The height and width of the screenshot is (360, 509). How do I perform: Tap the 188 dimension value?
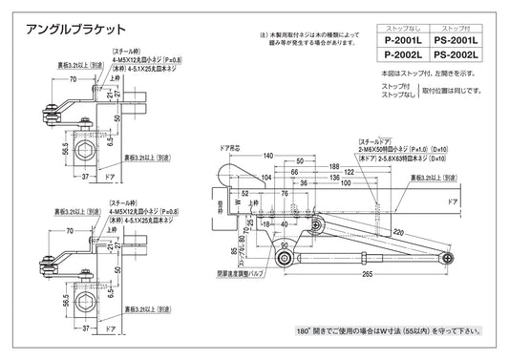pyautogui.click(x=334, y=163)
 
